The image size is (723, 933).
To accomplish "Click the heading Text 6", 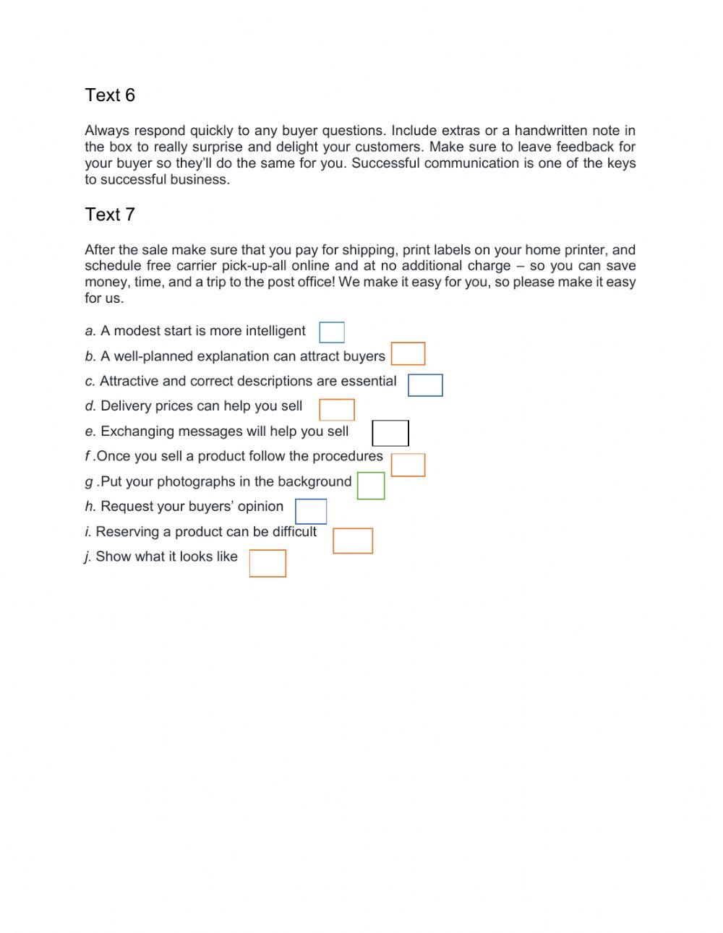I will point(110,95).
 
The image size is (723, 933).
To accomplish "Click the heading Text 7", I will point(110,215).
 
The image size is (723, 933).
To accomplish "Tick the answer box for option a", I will point(332,332).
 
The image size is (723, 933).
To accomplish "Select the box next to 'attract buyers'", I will point(408,354).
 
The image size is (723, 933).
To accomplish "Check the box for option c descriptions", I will point(425,385).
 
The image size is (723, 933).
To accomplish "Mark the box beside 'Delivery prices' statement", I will point(337,410).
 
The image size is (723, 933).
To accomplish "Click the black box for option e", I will point(390,434).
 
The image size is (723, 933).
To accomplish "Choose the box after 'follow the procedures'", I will point(408,465).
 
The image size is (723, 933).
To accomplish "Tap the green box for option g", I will point(371,486).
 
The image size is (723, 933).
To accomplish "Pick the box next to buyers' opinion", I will point(311,512).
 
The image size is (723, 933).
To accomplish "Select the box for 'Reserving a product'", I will point(353,541).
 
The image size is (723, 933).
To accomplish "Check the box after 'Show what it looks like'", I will point(268,564).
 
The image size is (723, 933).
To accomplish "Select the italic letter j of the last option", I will point(87,557).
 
